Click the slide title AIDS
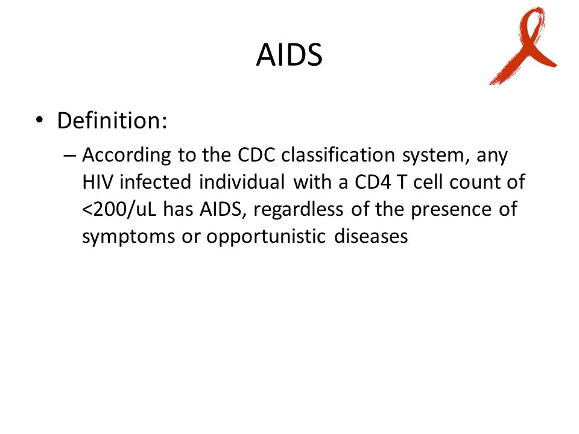289,55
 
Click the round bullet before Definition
39,120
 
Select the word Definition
112,121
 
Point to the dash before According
69,156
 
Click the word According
126,156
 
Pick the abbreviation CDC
256,155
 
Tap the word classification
338,155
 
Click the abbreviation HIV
97,182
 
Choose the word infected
155,181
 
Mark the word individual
241,181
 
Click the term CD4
373,182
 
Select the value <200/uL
119,210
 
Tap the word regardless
298,210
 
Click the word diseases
371,236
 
